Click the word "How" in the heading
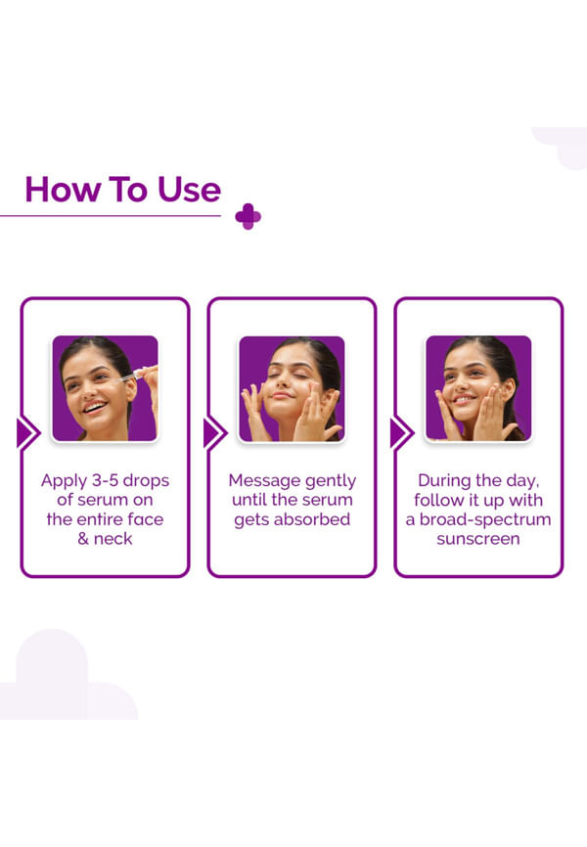(x=64, y=190)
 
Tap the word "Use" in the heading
(x=189, y=190)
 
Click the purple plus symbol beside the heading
(x=248, y=216)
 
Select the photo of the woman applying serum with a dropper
(x=105, y=388)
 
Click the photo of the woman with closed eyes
(x=292, y=388)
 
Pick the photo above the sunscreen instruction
(x=478, y=388)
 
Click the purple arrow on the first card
(x=28, y=433)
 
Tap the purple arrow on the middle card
(x=215, y=433)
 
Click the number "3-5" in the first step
(x=105, y=480)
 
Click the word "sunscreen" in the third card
(x=478, y=539)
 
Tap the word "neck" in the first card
(x=113, y=539)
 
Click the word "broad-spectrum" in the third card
(x=485, y=519)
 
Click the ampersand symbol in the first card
(x=83, y=539)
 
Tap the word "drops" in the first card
(x=146, y=481)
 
